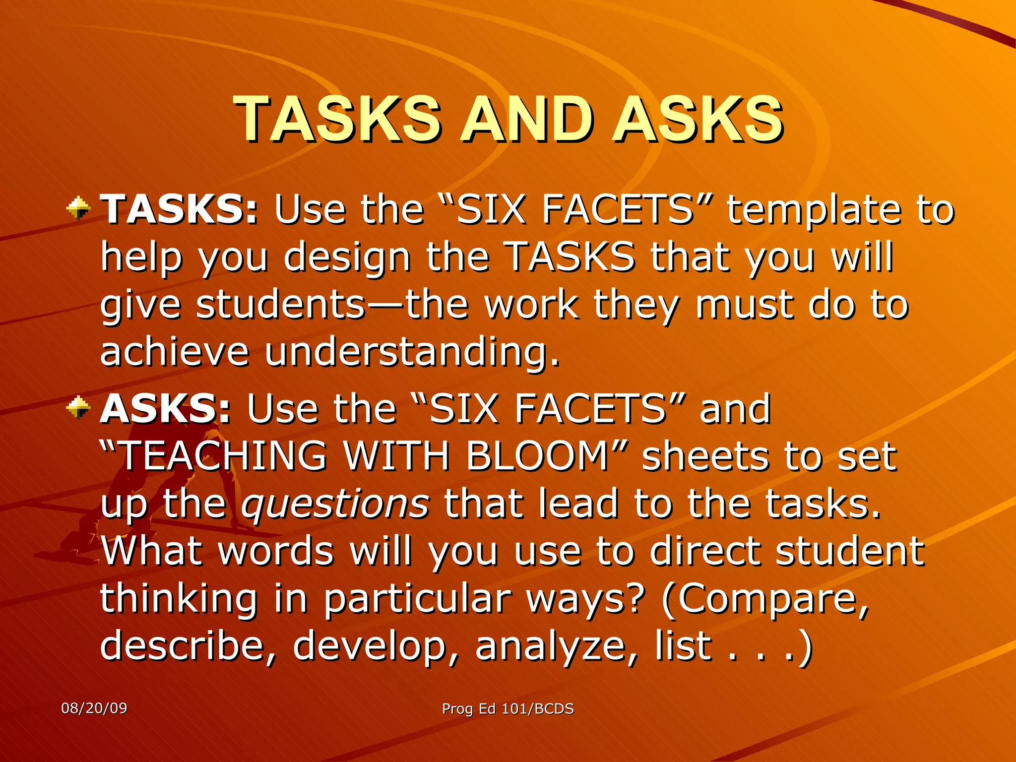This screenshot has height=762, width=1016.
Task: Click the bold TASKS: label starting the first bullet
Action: click(179, 209)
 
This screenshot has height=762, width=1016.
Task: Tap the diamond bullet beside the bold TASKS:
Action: click(78, 208)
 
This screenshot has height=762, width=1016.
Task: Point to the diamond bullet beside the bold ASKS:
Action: click(78, 408)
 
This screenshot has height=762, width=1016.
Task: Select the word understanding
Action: click(412, 352)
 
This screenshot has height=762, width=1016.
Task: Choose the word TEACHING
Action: click(223, 455)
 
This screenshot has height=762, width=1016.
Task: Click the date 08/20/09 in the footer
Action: click(94, 708)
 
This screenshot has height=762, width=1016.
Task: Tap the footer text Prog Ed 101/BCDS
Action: click(508, 708)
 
